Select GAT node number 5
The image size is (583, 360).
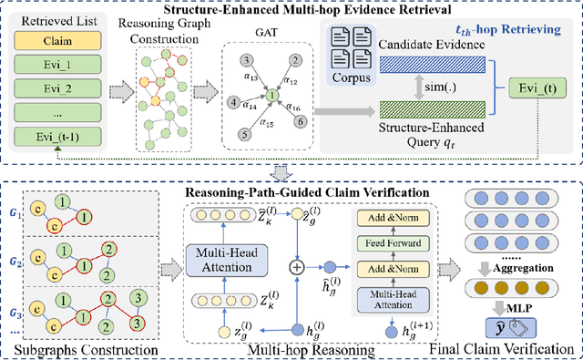244,134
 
